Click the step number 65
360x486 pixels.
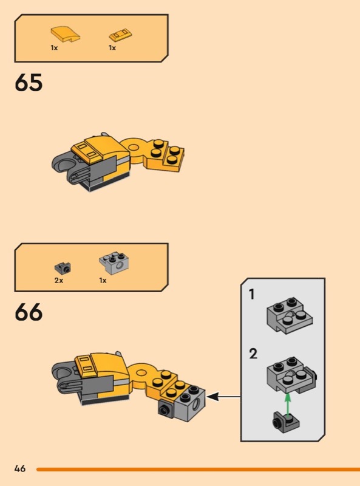(x=29, y=83)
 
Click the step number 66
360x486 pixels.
(x=29, y=312)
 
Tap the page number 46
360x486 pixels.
(x=20, y=468)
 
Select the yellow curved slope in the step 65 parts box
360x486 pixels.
(x=66, y=34)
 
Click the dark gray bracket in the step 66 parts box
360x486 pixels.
(x=63, y=268)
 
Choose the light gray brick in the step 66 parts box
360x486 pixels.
(x=114, y=263)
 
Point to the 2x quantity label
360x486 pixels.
(x=59, y=281)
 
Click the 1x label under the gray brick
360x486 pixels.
(x=103, y=281)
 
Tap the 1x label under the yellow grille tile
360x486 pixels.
(x=112, y=48)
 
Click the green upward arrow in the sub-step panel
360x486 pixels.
(x=288, y=404)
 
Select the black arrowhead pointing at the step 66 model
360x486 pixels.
(x=213, y=397)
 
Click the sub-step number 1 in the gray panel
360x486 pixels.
(x=252, y=295)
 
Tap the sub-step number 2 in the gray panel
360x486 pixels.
(x=253, y=354)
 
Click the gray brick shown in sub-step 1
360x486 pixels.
(x=290, y=315)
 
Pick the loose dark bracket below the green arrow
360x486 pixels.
(x=286, y=422)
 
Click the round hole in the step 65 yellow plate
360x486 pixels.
(x=134, y=147)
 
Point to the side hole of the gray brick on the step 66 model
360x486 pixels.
(x=197, y=404)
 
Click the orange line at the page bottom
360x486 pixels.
(x=198, y=469)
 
